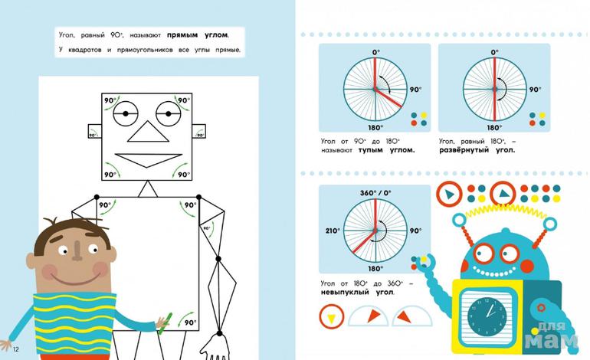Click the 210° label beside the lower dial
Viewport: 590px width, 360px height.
(333, 231)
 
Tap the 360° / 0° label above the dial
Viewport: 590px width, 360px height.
(375, 193)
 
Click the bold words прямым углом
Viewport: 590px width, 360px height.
(198, 35)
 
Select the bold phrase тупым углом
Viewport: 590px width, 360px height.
(386, 150)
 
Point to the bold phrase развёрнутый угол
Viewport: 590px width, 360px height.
(477, 150)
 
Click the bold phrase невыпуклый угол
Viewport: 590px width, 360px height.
(358, 293)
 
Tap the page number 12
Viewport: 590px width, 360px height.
(15, 349)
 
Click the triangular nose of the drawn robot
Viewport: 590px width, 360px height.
(148, 132)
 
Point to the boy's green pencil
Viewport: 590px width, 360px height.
(165, 322)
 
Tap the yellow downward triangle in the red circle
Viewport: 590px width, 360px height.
(332, 318)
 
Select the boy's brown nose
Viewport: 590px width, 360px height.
(77, 250)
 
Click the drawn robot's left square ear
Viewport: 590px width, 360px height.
(95, 131)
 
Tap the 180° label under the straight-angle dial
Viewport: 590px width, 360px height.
(493, 128)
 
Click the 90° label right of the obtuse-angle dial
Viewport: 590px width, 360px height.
(416, 90)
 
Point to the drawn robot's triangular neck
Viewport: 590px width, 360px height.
(148, 189)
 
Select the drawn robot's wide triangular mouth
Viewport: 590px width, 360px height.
(149, 160)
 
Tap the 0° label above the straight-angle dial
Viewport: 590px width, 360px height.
(494, 52)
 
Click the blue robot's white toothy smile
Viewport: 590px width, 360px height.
(494, 271)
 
